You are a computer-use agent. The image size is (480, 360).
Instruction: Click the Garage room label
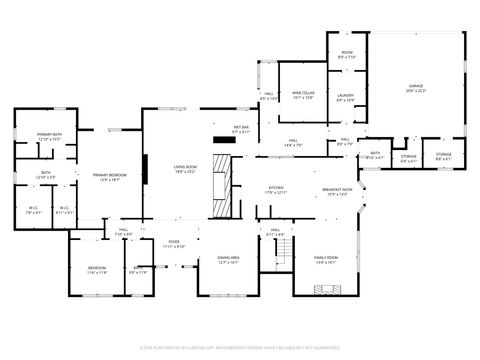(415, 88)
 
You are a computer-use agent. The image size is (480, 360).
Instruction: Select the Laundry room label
(346, 97)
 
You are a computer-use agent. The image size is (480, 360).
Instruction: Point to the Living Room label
(185, 168)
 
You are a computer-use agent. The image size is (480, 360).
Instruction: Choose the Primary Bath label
(50, 136)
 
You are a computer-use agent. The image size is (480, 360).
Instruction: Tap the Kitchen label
(275, 189)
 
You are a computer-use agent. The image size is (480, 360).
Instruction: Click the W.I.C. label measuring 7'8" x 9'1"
(33, 210)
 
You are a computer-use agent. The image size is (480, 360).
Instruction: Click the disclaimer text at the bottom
(239, 345)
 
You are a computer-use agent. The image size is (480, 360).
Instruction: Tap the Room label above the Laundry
(346, 55)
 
